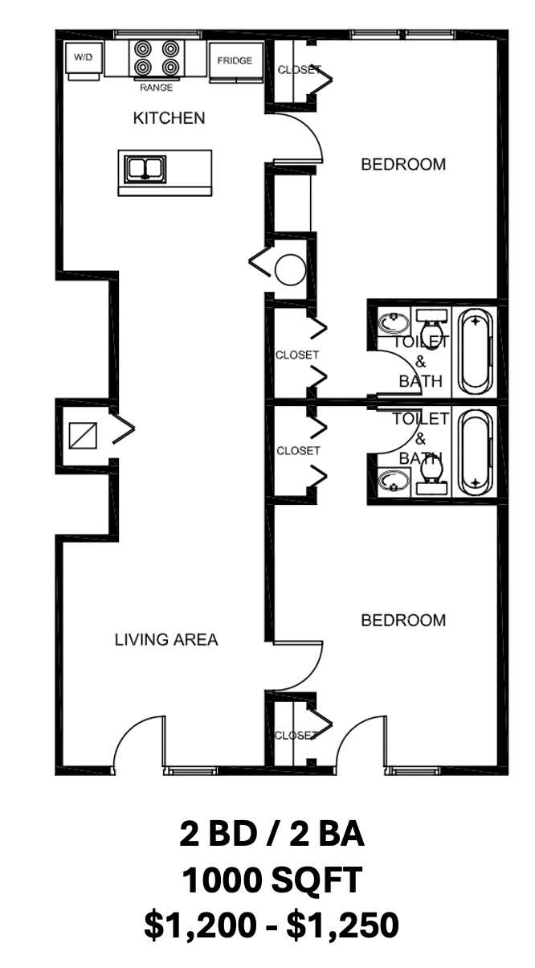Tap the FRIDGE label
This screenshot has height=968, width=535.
(235, 60)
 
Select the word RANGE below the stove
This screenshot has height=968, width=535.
(157, 88)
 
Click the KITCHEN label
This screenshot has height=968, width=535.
(169, 118)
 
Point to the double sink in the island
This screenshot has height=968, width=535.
(145, 169)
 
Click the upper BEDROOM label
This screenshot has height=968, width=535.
(403, 165)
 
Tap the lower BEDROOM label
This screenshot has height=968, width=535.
(403, 621)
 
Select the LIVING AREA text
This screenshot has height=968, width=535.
(166, 640)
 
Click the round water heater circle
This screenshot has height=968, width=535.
(290, 269)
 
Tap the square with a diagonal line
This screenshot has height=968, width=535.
(83, 436)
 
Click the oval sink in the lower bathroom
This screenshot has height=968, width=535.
(394, 481)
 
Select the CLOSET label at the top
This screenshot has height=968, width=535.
(300, 70)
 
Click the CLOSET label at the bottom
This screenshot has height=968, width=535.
(296, 735)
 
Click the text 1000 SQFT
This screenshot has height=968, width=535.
(272, 880)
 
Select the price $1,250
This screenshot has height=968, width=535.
(343, 925)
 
